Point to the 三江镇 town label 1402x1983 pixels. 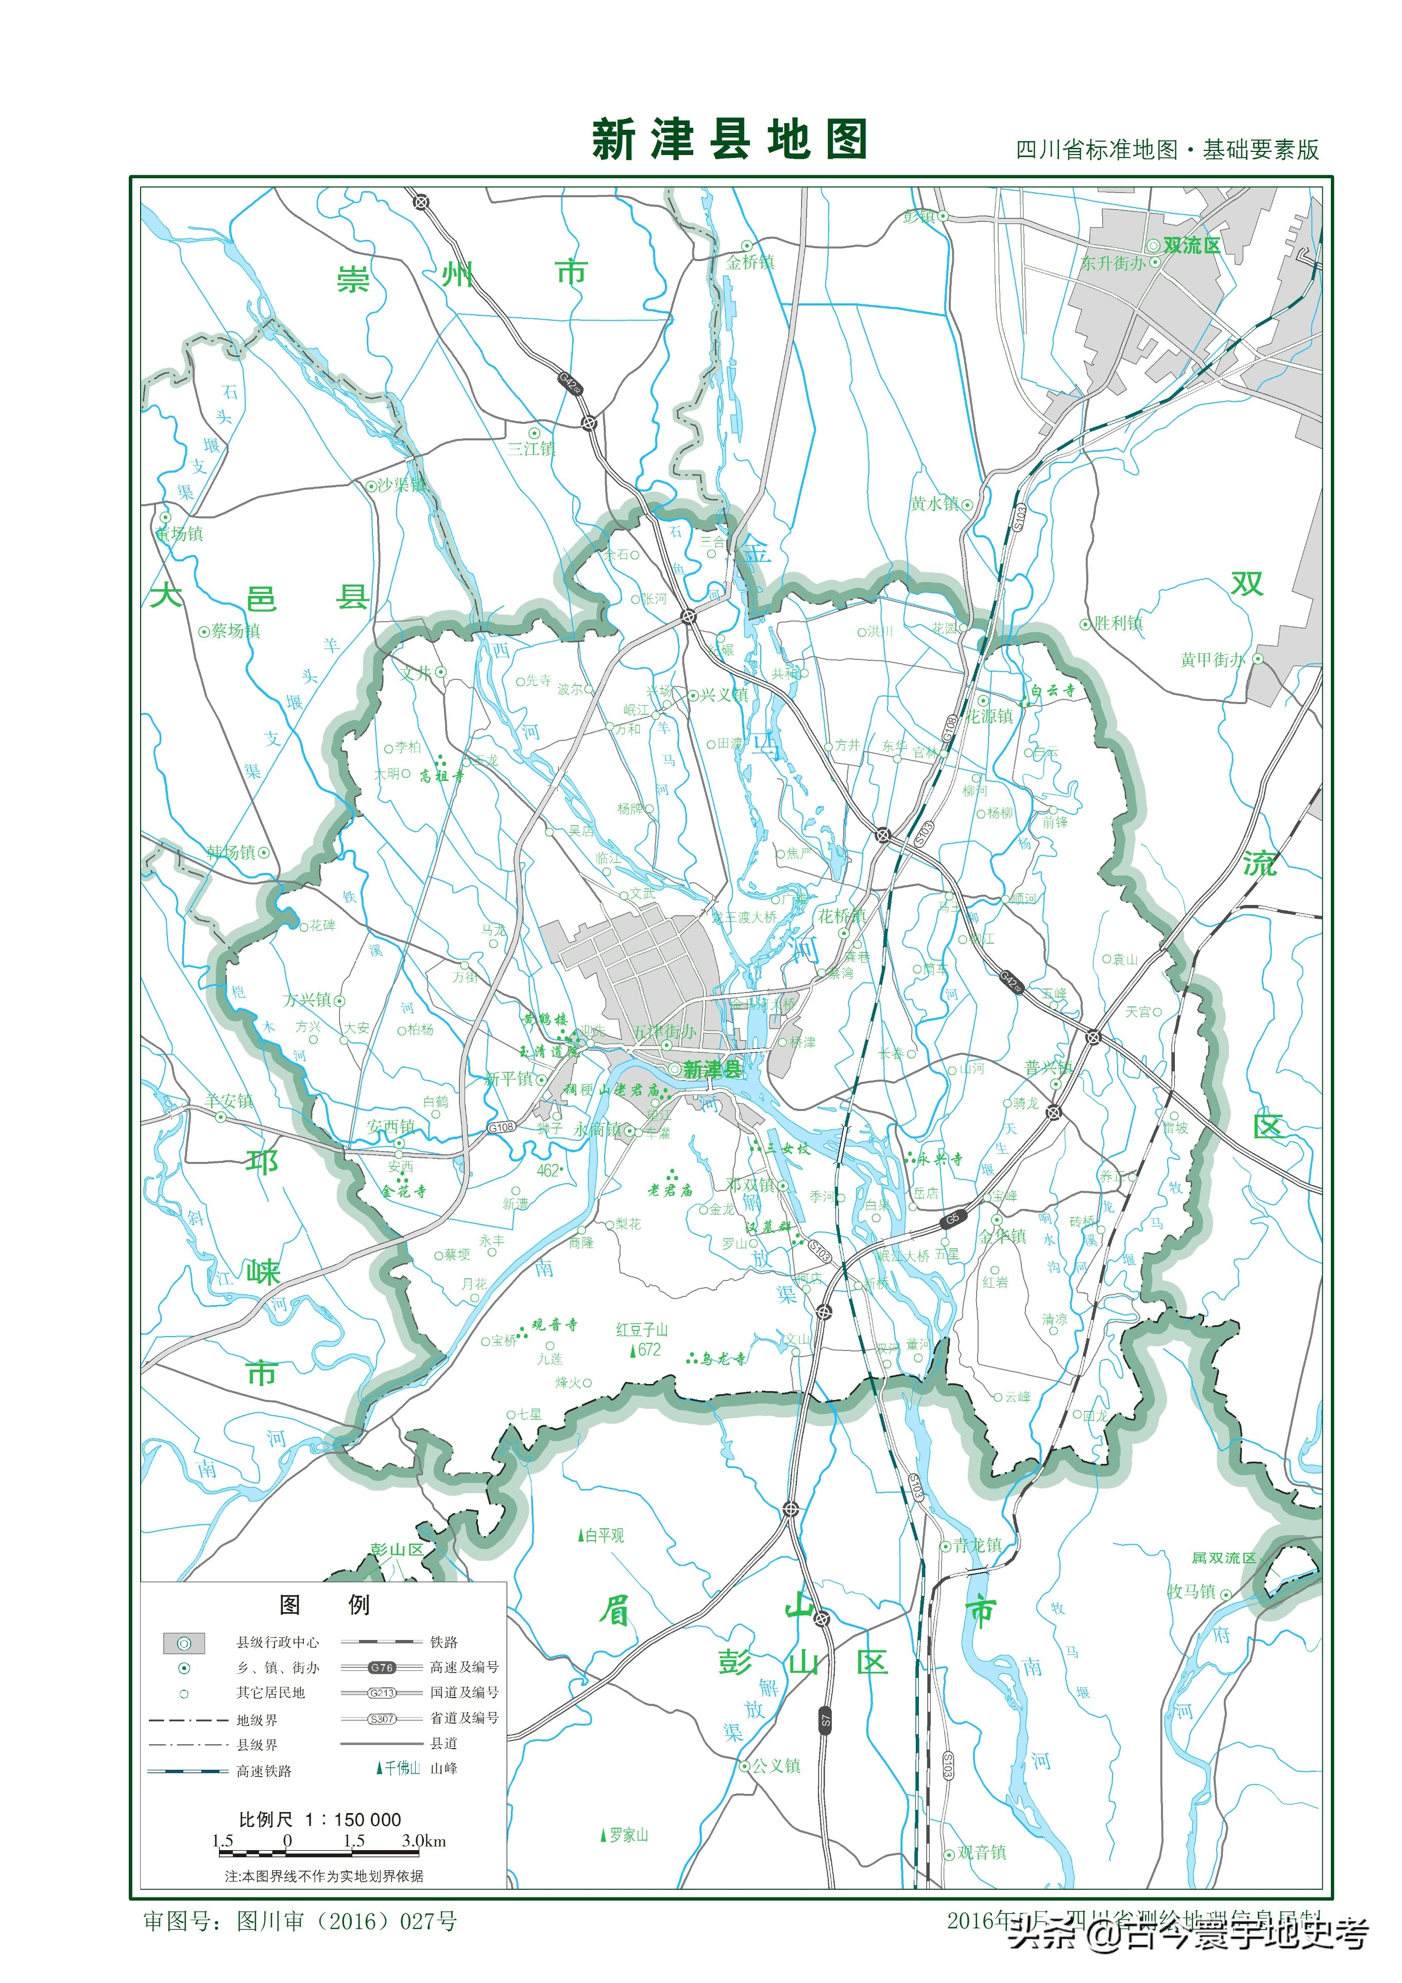pyautogui.click(x=531, y=448)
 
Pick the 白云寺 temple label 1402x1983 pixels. pyautogui.click(x=1052, y=691)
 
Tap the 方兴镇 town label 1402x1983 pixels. pyautogui.click(x=307, y=1000)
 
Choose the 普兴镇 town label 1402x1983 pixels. pyautogui.click(x=1048, y=1068)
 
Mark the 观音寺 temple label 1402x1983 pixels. pyautogui.click(x=554, y=1325)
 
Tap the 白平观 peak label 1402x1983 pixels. pyautogui.click(x=604, y=1535)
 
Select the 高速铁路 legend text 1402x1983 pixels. pyautogui.click(x=264, y=1771)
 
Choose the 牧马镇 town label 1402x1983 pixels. pyautogui.click(x=1191, y=1592)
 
